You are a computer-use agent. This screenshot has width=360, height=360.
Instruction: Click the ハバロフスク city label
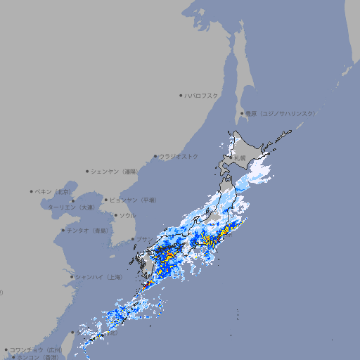click(x=202, y=95)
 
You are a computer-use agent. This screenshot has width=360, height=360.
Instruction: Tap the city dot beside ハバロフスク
click(x=181, y=95)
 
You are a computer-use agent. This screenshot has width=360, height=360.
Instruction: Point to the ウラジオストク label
click(x=179, y=156)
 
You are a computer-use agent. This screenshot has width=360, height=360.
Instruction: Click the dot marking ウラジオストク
click(x=156, y=157)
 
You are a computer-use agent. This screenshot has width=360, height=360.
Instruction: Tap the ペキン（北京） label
click(x=54, y=191)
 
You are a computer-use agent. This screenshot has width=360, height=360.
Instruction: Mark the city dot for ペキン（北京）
click(x=32, y=191)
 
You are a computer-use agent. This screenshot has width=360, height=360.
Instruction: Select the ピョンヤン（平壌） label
click(x=133, y=200)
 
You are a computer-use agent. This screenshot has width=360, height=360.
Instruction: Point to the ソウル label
click(x=127, y=215)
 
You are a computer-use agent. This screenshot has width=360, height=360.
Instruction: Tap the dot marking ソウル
click(x=115, y=215)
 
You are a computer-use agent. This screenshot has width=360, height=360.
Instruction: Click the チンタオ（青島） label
click(x=86, y=230)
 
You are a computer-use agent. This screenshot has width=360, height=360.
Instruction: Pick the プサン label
click(x=143, y=240)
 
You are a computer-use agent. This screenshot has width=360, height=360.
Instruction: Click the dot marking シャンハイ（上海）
click(x=72, y=277)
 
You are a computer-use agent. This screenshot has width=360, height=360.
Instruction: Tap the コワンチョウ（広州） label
click(x=36, y=349)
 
